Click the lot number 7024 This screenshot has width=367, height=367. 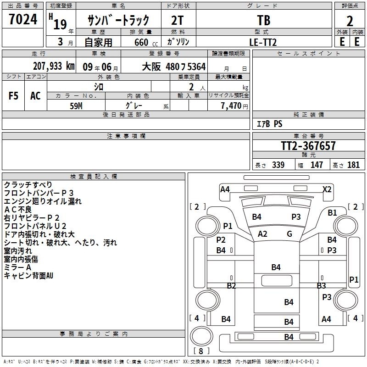click(23, 19)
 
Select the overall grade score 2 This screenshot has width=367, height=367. click(350, 21)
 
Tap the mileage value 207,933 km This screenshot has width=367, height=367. click(54, 66)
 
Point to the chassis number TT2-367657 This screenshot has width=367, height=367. click(308, 146)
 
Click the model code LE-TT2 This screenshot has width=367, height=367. click(263, 42)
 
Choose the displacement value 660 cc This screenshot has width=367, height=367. click(146, 43)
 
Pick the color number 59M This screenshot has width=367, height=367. click(76, 106)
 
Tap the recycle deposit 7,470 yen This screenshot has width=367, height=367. click(234, 106)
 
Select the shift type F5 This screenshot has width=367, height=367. click(13, 96)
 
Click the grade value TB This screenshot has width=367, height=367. click(264, 20)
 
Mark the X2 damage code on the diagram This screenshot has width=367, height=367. click(327, 189)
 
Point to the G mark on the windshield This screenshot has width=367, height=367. click(289, 234)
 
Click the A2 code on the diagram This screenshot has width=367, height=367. click(262, 234)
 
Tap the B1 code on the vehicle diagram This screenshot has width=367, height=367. click(332, 213)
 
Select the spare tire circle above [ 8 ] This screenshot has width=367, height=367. click(201, 336)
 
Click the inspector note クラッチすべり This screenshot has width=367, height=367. click(28, 185)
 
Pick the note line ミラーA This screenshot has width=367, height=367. click(17, 267)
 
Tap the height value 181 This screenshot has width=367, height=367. click(353, 165)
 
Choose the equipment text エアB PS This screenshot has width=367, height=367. click(270, 124)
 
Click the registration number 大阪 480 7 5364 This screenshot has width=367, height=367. click(174, 67)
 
